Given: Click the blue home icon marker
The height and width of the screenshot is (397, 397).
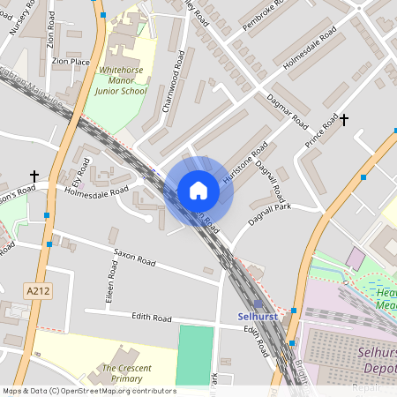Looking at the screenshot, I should pos(198,191).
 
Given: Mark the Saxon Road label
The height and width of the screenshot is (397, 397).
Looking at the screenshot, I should pos(134,258).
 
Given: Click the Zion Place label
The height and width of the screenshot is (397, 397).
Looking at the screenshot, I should pos(71,62).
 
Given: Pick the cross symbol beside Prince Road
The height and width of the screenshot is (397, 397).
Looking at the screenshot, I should pos(344,119).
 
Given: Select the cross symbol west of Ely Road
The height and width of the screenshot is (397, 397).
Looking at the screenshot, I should pos(34,176).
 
